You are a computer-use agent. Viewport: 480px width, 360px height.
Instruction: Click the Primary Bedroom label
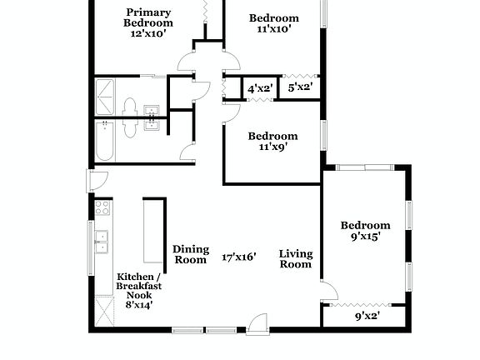[149, 17]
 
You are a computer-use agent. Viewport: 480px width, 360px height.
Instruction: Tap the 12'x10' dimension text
[149, 34]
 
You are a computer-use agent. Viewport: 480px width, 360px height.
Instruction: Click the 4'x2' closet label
[257, 87]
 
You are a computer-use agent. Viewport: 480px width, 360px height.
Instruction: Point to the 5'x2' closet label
[300, 87]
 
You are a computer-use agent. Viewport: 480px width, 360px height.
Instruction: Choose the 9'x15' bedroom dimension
[365, 237]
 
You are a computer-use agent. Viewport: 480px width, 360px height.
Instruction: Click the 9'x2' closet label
[367, 316]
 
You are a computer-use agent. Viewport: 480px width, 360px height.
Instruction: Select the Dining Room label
[190, 254]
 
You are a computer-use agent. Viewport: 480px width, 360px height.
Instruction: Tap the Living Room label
[295, 259]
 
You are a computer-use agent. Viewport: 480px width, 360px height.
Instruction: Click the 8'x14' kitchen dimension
[139, 306]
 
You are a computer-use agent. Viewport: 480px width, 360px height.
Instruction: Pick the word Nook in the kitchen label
[139, 296]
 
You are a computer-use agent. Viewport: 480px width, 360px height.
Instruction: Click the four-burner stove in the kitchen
[102, 208]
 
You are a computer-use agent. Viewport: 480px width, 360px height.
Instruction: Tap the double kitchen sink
[102, 242]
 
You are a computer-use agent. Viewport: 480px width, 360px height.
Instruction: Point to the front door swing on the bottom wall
[257, 323]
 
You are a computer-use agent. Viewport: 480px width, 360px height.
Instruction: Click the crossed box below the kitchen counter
[103, 312]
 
